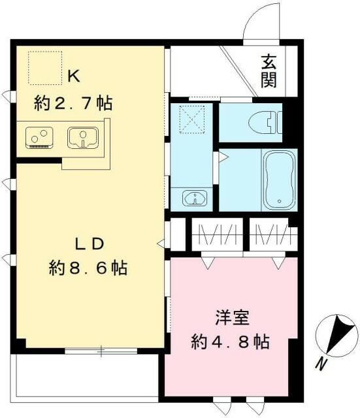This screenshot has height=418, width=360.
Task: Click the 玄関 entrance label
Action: tap(269, 71)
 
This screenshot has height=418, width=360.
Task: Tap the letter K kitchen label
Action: tap(73, 76)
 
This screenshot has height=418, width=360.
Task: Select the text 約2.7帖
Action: tap(73, 103)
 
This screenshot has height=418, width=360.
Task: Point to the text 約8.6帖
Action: tap(88, 268)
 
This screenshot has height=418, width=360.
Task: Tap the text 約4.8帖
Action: tap(231, 342)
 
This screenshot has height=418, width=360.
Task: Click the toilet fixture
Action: tap(269, 121)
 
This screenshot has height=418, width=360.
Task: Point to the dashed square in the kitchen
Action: tap(44, 68)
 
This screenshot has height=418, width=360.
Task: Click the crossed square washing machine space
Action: tap(192, 120)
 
